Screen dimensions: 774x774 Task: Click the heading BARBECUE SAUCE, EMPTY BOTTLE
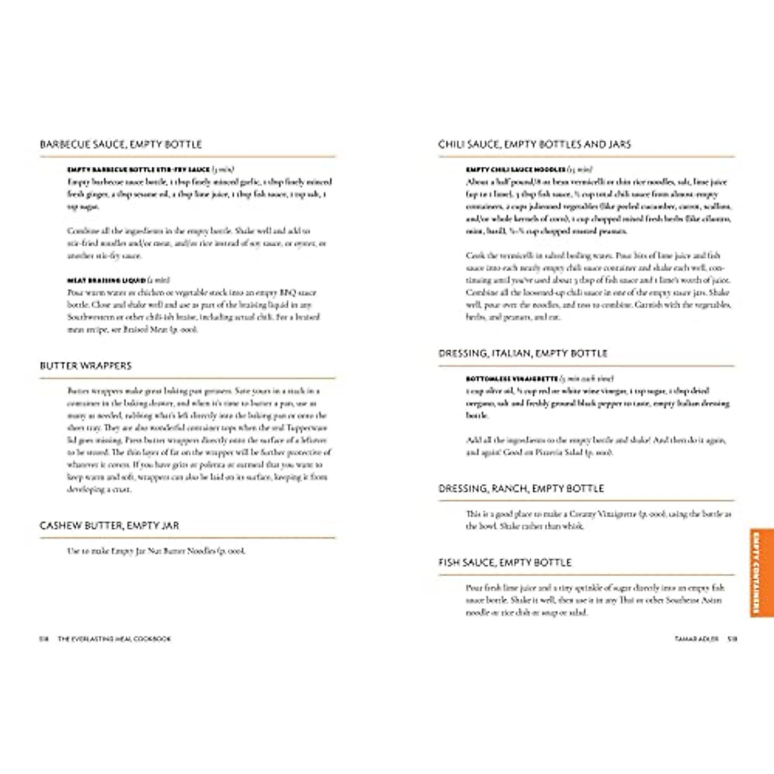[x=121, y=144]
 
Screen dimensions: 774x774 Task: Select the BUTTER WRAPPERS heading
[x=86, y=366]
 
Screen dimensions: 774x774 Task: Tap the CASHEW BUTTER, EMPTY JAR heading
[x=109, y=526]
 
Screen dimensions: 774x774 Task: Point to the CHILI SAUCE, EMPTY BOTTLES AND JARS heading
[x=535, y=144]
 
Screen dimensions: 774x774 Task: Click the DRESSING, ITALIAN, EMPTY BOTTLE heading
[x=523, y=353]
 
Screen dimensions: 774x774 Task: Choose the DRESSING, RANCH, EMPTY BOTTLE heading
[x=521, y=489]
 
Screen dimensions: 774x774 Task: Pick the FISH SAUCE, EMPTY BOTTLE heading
[x=505, y=562]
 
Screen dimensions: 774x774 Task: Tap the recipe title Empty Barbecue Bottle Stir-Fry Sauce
[x=139, y=170]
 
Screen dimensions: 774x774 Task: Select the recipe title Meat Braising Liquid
[x=106, y=281]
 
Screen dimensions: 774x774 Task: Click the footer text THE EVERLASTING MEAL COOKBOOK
[x=114, y=639]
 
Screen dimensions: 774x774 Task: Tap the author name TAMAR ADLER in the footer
[x=697, y=639]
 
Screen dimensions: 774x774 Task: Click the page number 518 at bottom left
[x=44, y=639]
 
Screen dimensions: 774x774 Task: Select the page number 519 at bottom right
[x=732, y=639]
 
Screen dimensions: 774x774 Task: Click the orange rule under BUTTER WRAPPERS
[x=187, y=378]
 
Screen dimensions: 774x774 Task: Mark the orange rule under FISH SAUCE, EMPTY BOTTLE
[x=586, y=575]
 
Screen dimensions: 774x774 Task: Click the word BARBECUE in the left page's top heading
[x=63, y=144]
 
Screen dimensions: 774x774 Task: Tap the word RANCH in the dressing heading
[x=509, y=489]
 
